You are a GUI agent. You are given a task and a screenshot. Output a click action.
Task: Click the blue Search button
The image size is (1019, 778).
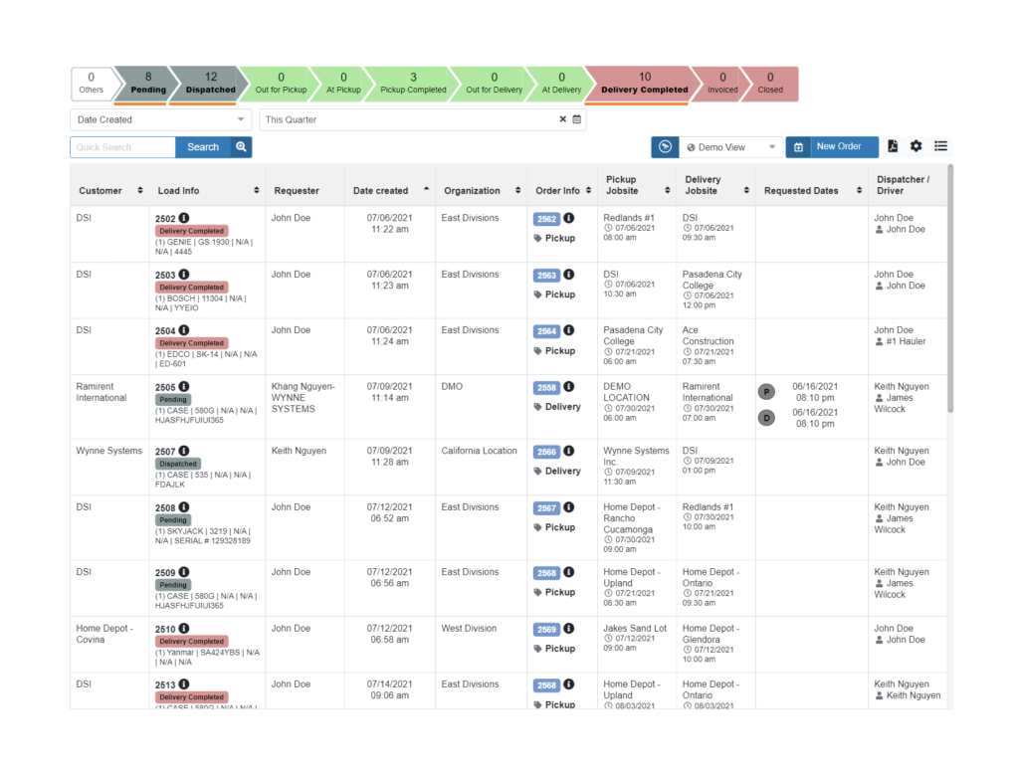pos(202,147)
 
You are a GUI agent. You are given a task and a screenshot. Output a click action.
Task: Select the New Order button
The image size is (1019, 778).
pos(832,147)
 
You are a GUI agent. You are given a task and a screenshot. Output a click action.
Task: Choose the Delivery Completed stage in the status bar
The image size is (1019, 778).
pos(644,84)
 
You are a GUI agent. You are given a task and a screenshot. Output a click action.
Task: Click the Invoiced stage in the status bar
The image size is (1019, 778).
pos(722,84)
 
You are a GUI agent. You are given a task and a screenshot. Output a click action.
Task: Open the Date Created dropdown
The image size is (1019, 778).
pos(160,119)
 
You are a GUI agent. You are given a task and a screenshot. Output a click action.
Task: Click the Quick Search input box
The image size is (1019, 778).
pos(122,147)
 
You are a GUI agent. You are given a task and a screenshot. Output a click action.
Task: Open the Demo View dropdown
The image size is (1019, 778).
pos(731,147)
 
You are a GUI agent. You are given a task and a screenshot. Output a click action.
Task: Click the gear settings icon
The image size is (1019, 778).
pos(916,146)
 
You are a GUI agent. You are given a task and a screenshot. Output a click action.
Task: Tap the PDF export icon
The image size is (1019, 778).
pos(893,146)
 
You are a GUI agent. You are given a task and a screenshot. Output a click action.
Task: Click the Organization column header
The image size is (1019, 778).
pos(473,191)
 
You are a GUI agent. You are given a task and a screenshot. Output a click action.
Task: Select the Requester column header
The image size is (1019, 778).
pos(297,191)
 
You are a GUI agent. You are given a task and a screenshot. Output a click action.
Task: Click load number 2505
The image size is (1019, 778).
pos(165,388)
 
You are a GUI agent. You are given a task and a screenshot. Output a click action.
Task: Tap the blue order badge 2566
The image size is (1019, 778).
pos(546,452)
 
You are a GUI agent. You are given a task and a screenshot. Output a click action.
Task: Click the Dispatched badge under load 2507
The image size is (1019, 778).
pos(178,464)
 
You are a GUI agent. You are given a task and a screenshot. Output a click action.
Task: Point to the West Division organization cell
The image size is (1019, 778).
pos(469,629)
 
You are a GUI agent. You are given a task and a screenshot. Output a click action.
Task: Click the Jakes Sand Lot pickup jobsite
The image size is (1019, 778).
pos(635,629)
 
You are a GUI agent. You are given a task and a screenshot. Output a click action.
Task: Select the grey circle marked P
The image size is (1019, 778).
pos(766,392)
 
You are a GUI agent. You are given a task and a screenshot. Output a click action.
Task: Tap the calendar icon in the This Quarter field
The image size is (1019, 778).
pos(577,119)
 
